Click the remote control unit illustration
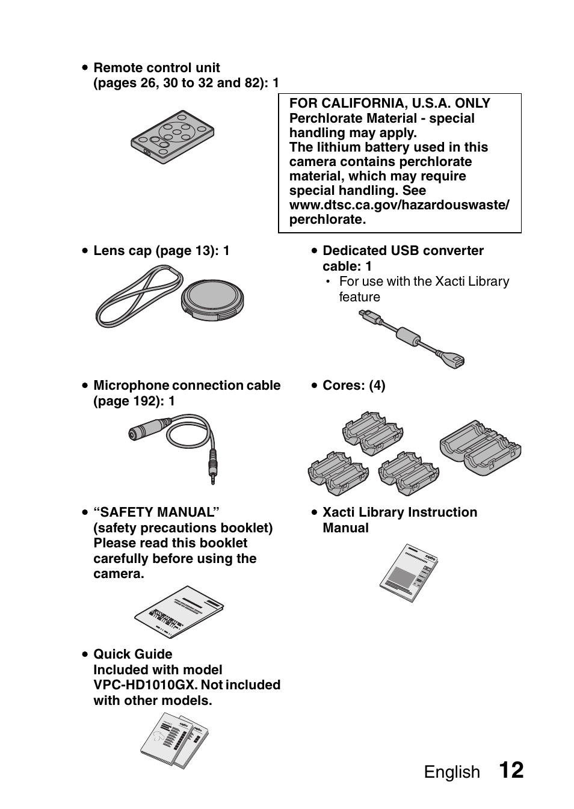(173, 137)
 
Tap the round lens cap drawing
(212, 298)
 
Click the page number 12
(511, 771)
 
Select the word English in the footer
(452, 772)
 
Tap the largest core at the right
(480, 448)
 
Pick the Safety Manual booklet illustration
(179, 612)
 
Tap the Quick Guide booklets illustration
(174, 740)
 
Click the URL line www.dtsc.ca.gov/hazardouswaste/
(399, 205)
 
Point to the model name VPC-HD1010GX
(145, 685)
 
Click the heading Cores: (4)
(354, 386)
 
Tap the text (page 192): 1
(134, 401)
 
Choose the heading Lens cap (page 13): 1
(161, 251)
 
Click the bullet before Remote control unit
(86, 68)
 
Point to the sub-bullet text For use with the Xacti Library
(424, 281)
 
